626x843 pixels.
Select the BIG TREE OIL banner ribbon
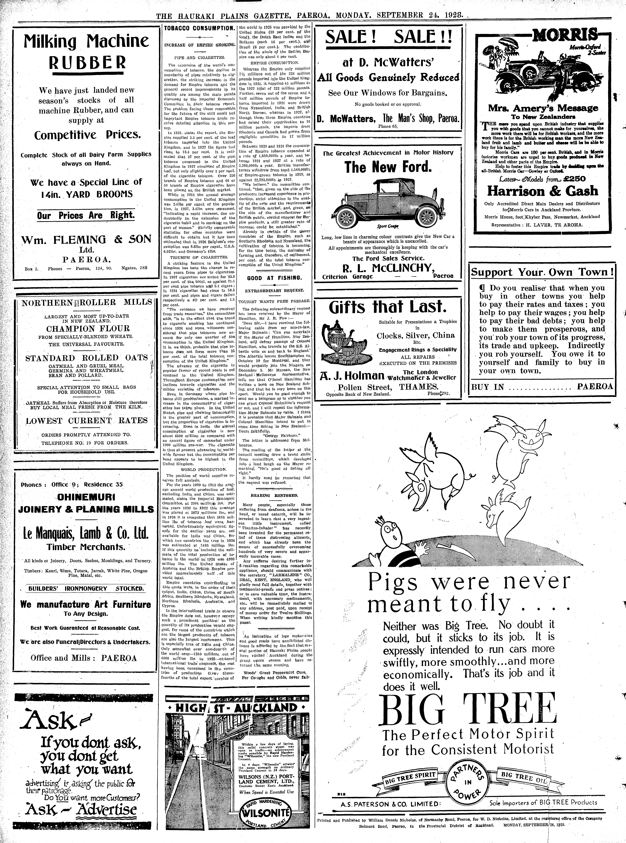pyautogui.click(x=525, y=777)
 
